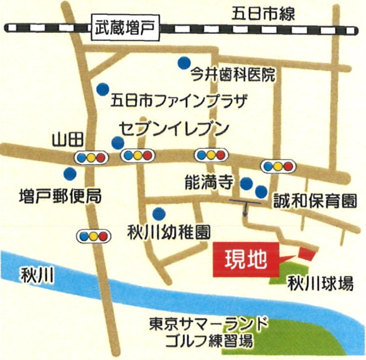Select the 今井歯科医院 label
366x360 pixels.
pyautogui.click(x=234, y=75)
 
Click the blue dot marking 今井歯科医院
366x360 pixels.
pyautogui.click(x=184, y=61)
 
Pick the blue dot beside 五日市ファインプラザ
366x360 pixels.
pyautogui.click(x=103, y=89)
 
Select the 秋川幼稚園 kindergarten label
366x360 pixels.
pyautogui.click(x=168, y=232)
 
